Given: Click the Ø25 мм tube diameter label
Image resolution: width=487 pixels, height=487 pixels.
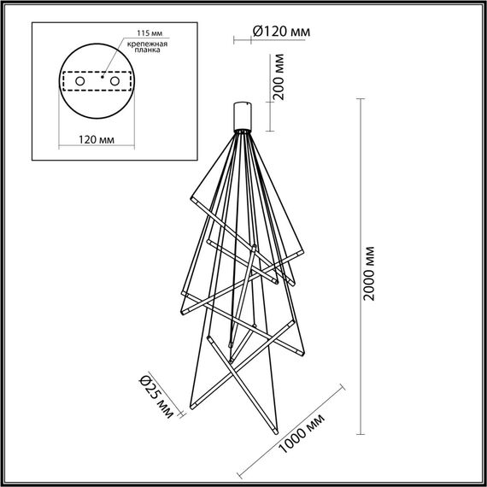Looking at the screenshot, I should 155,399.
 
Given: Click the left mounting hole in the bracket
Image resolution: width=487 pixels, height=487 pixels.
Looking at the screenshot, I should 80,80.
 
